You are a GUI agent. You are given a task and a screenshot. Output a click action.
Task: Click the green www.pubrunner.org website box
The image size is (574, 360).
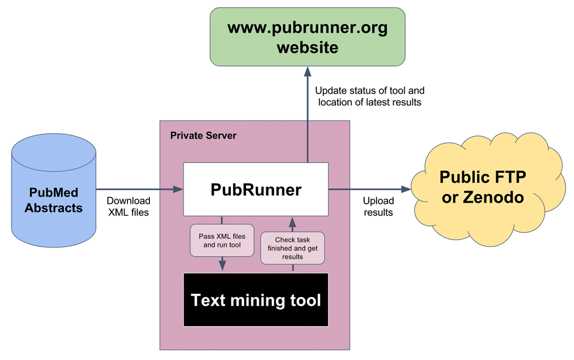tap(308, 37)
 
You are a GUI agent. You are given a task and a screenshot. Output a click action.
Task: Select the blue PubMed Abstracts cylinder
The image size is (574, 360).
tap(53, 190)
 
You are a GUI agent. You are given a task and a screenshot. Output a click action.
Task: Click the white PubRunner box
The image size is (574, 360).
tap(256, 189)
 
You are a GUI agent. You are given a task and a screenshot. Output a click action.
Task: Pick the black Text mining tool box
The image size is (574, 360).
tap(256, 300)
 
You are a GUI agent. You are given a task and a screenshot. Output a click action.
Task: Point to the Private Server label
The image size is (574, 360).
tap(203, 136)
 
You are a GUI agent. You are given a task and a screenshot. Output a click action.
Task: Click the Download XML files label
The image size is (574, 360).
tap(129, 207)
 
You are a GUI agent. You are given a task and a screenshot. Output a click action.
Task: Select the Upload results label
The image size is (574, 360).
tap(378, 207)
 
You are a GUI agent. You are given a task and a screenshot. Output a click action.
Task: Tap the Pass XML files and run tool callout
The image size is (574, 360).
tap(222, 241)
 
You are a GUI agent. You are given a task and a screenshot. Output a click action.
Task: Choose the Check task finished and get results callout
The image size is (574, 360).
tap(293, 248)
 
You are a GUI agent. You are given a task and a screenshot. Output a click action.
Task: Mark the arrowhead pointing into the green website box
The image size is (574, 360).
tap(308, 71)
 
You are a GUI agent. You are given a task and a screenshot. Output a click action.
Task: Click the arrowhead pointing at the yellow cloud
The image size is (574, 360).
tap(406, 189)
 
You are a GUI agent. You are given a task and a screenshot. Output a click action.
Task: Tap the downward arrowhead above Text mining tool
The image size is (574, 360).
tap(222, 266)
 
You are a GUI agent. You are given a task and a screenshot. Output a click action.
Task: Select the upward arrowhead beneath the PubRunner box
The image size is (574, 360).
tap(293, 222)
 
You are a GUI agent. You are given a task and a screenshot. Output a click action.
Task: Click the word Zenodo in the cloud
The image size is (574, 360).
tap(494, 198)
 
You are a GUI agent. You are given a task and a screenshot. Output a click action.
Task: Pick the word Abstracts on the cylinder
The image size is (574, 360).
tap(53, 208)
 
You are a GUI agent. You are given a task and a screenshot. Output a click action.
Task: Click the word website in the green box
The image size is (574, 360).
tap(308, 48)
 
